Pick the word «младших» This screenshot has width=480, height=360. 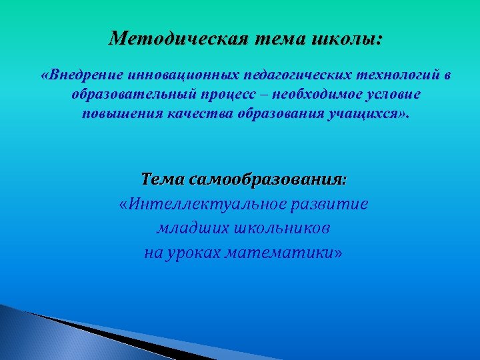click(x=192, y=229)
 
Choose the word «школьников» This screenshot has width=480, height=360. click(x=282, y=229)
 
